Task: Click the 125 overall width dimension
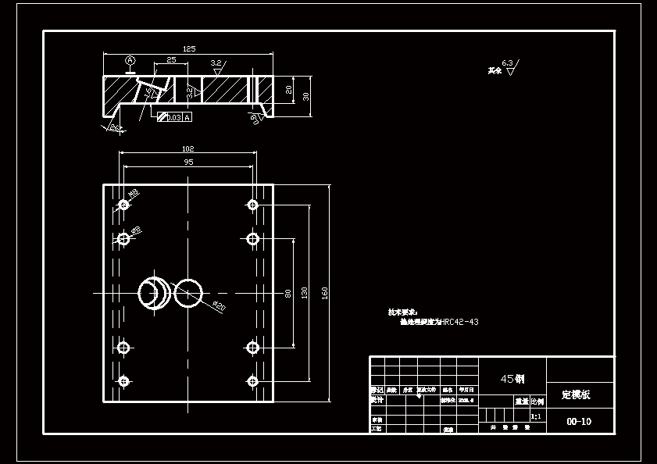189,48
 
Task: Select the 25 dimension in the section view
171,60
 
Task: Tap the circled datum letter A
130,60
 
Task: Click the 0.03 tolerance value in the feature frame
174,117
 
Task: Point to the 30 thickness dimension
306,96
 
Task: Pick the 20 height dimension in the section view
289,90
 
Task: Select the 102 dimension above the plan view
187,148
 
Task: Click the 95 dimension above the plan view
188,162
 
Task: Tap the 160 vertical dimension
324,293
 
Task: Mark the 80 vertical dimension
288,293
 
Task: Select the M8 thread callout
134,192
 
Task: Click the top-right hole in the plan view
252,205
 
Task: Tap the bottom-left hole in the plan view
123,381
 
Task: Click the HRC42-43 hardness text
460,322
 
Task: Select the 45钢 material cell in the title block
512,379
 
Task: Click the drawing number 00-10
579,422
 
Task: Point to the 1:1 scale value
536,417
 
